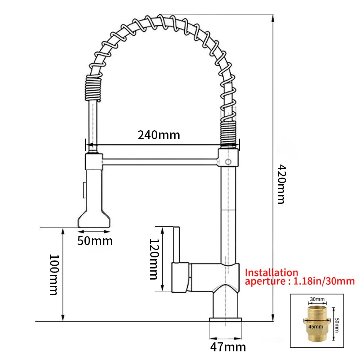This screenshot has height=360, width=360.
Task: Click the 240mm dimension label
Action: tap(158, 135)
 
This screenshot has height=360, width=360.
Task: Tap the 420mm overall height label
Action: tap(281, 184)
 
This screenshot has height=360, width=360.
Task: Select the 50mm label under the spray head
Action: tap(95, 240)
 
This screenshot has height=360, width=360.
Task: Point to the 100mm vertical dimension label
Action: tap(54, 274)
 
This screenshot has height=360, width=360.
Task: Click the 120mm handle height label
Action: tap(153, 259)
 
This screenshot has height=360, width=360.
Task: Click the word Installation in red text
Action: tap(271, 273)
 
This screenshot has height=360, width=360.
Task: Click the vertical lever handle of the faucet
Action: tap(176, 245)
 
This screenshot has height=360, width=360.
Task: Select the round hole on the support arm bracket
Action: tap(228, 162)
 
